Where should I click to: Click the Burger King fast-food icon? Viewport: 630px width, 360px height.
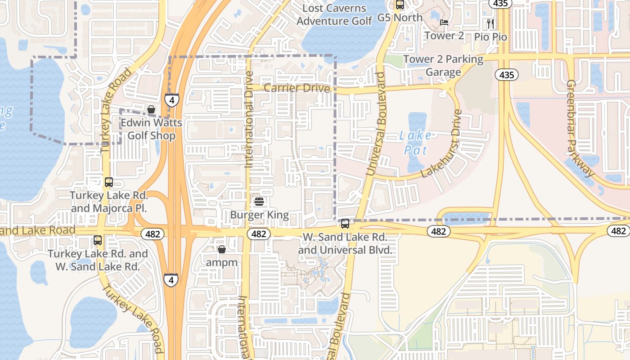[259, 201]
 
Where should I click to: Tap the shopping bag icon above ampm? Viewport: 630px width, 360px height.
[221, 249]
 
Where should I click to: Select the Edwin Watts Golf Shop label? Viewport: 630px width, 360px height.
[152, 129]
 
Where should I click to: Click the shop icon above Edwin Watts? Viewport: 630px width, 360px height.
[151, 109]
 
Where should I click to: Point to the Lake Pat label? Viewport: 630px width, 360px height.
[415, 142]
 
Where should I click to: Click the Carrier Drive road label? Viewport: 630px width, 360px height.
[297, 88]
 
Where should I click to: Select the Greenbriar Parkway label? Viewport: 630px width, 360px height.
[580, 128]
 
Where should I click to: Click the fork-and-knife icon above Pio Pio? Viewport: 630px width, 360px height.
[490, 23]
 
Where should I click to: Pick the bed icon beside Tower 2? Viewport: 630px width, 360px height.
[444, 22]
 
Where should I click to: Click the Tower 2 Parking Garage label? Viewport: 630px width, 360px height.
[443, 65]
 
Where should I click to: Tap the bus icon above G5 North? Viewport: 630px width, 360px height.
[400, 4]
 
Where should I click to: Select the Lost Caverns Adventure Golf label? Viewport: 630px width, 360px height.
[334, 14]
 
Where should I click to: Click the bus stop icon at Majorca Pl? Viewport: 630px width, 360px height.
[109, 182]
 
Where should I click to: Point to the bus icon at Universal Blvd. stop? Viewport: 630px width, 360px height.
[345, 223]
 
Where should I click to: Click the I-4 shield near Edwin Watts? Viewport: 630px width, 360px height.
[171, 99]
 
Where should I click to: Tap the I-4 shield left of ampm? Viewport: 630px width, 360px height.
[171, 280]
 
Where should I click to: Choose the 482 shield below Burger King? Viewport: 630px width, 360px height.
[259, 234]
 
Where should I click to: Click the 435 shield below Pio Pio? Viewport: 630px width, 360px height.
[507, 75]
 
